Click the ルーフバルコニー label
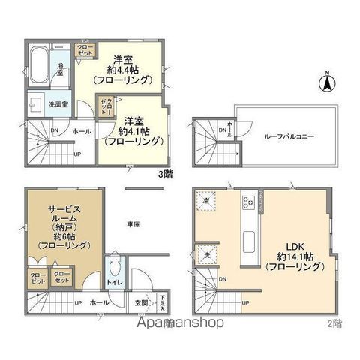pyautogui.click(x=289, y=136)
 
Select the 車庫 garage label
pyautogui.click(x=134, y=223)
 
